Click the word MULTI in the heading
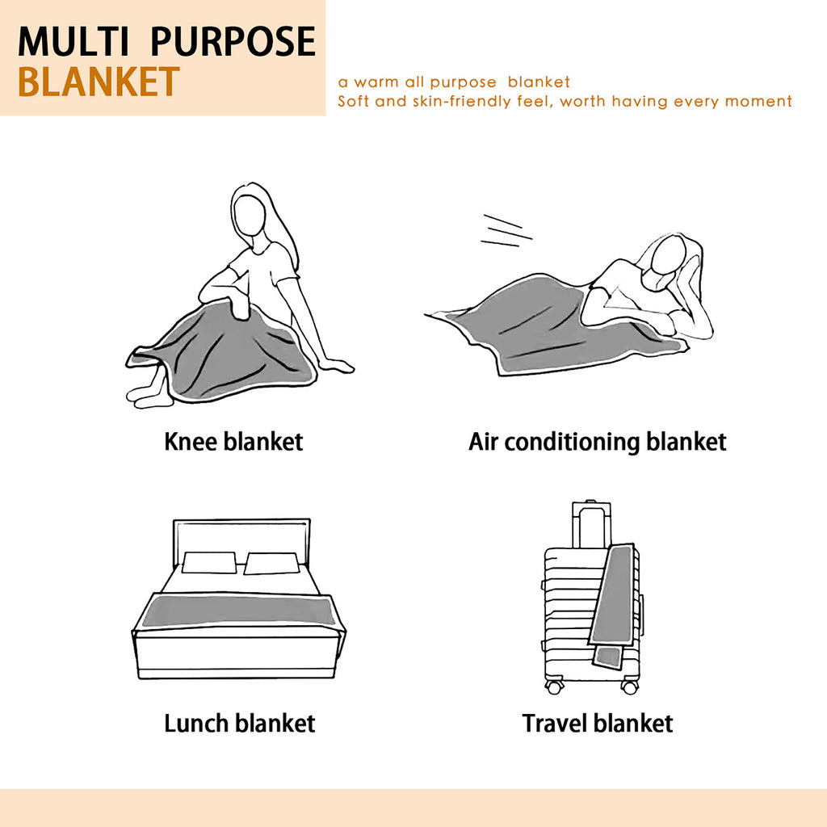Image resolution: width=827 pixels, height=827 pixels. [73, 41]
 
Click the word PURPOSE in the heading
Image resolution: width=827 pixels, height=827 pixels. [233, 41]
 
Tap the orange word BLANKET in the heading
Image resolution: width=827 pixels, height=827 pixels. [99, 82]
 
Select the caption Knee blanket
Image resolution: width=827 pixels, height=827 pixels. [233, 442]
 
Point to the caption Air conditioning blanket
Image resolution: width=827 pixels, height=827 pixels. [597, 443]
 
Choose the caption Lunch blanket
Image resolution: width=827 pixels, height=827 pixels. [239, 723]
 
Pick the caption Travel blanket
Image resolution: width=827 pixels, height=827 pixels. [598, 723]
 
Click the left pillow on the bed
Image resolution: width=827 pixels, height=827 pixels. [209, 563]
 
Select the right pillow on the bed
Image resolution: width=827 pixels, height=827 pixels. [271, 563]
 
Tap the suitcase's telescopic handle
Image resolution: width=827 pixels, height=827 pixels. [591, 525]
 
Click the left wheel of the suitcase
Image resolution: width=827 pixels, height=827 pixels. [553, 686]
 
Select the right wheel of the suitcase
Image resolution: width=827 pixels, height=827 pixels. [629, 686]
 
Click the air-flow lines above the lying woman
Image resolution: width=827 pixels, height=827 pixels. [506, 231]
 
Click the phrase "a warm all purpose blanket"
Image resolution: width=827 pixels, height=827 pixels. [454, 82]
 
